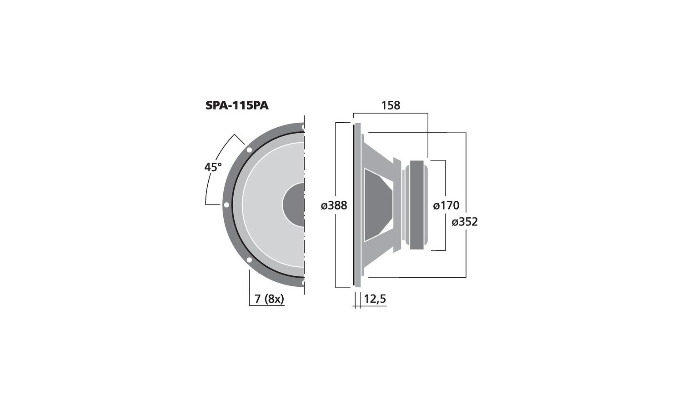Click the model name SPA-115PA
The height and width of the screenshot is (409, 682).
237,105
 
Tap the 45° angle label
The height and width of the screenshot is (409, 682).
213,167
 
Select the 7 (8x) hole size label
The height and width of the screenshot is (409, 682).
269,299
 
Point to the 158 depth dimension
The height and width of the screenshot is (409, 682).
391,105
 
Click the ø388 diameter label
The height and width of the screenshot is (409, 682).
334,206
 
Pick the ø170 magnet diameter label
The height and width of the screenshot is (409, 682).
446,206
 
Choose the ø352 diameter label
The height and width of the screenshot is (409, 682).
465,222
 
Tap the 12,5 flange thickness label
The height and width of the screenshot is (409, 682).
375,299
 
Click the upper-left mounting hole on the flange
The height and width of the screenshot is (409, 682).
249,150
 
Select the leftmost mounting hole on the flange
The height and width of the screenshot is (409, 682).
226,205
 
